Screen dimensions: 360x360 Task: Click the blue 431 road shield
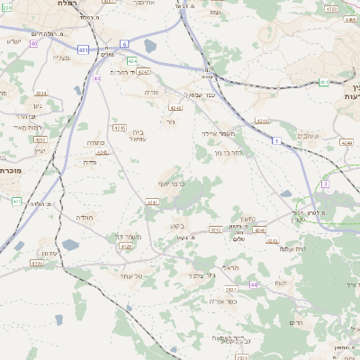click(x=83, y=50)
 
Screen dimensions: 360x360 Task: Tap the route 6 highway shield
click(x=123, y=43)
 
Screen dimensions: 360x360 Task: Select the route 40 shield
click(x=34, y=43)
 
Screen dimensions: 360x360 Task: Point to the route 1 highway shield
click(x=277, y=140)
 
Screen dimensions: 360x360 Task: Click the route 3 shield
click(x=325, y=184)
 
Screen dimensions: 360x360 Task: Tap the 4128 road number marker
click(x=126, y=246)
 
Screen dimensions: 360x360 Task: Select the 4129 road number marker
click(x=36, y=264)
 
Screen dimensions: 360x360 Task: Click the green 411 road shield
click(x=16, y=201)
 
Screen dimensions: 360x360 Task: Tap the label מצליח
click(x=61, y=58)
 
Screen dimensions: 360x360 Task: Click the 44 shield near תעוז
click(x=254, y=284)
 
